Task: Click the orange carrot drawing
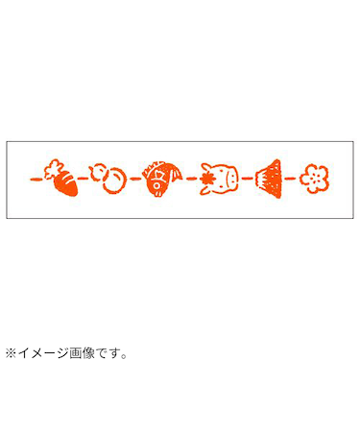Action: coord(61,180)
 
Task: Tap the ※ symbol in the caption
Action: coord(11,352)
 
